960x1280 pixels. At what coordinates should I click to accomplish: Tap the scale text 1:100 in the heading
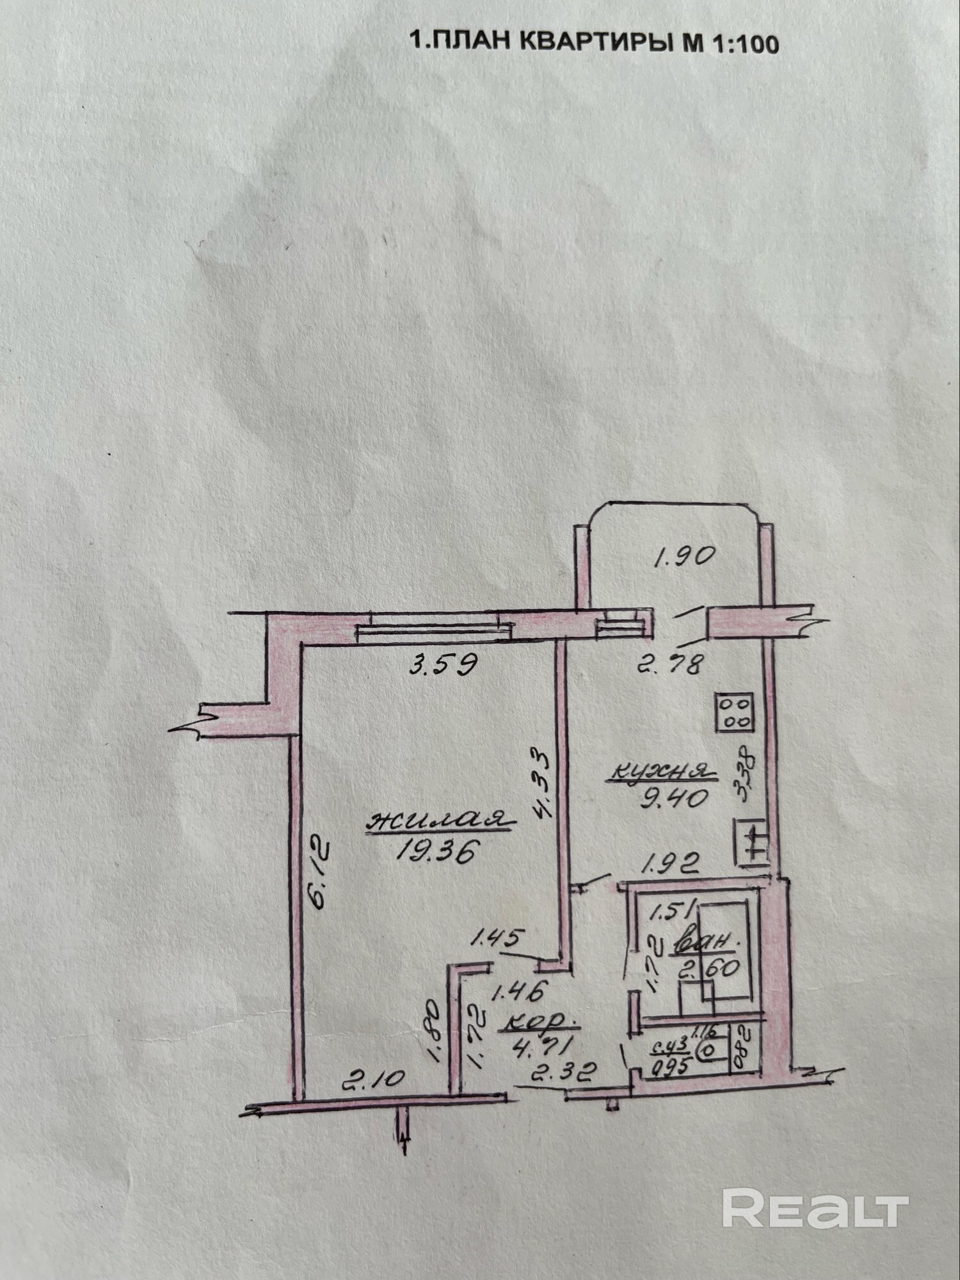point(743,44)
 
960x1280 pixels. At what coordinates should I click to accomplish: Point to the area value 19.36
point(438,851)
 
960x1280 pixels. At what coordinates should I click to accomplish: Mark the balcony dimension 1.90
point(683,556)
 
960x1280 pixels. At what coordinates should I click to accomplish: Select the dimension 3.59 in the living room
point(443,666)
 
